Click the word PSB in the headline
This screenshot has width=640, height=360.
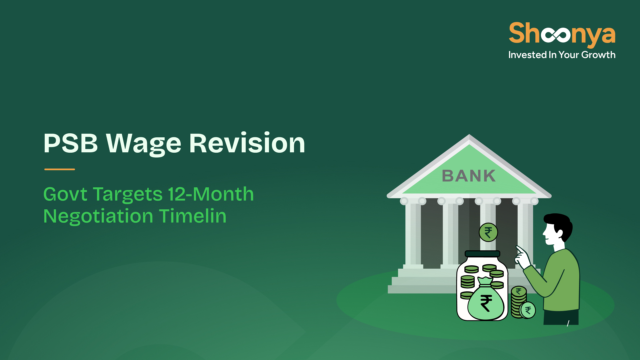tap(71, 143)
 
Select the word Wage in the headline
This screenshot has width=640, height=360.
tap(143, 144)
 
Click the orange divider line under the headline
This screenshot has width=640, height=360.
tap(60, 169)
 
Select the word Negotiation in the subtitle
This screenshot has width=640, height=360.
tap(98, 217)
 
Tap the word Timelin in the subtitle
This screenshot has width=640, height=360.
tap(193, 216)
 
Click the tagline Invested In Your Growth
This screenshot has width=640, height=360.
tap(562, 55)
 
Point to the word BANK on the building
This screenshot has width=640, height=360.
tap(469, 176)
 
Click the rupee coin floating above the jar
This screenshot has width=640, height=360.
tap(488, 232)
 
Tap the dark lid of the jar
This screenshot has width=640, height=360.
tap(482, 254)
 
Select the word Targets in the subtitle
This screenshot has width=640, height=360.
tap(128, 195)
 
